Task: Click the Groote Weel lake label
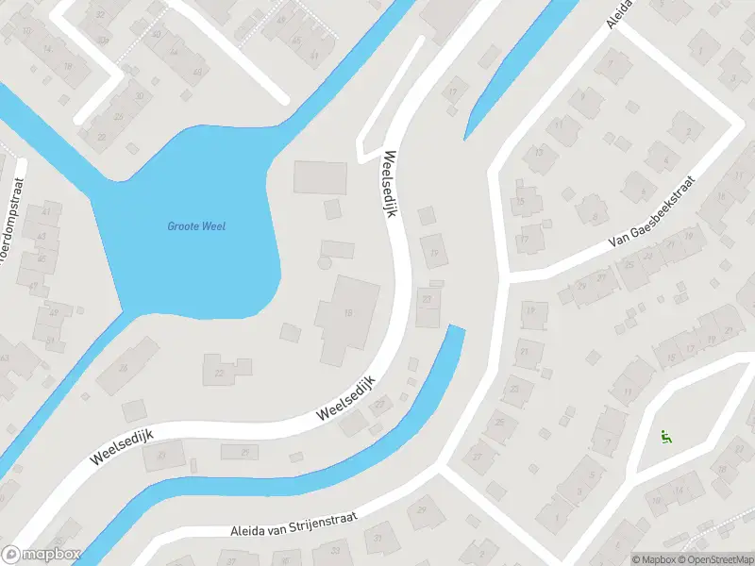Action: (x=196, y=225)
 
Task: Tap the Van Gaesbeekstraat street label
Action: (x=652, y=213)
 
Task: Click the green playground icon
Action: (x=666, y=437)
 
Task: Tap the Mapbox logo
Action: (x=42, y=555)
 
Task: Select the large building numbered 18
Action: (x=347, y=316)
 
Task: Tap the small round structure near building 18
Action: (x=324, y=264)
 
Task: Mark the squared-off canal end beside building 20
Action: (x=457, y=329)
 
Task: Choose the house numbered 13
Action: (x=539, y=154)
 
